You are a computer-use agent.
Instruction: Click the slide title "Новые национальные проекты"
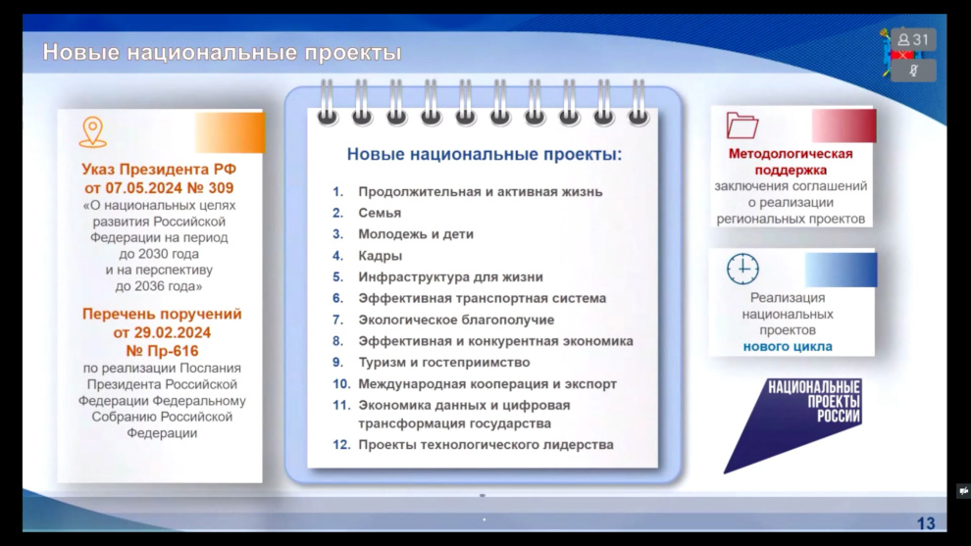[222, 52]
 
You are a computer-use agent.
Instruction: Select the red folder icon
[741, 125]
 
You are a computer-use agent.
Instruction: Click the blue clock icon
[742, 269]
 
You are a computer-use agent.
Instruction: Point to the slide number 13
[926, 523]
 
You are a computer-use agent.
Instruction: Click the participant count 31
[913, 39]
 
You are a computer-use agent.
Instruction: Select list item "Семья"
[380, 213]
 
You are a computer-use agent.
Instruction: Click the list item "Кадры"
[381, 256]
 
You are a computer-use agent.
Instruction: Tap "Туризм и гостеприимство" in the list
[444, 362]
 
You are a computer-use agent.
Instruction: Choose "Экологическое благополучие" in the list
[456, 320]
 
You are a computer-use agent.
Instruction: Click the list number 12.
[341, 444]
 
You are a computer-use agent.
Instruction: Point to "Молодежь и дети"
[416, 234]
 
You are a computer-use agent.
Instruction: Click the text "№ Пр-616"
[162, 351]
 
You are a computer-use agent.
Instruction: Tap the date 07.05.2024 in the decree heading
[143, 188]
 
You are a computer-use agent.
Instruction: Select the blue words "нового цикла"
[788, 347]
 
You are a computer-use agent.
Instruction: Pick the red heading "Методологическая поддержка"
[791, 162]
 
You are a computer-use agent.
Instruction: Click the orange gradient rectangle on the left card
[230, 132]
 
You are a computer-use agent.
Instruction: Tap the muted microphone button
[913, 71]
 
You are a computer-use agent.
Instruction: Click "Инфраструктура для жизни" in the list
[451, 277]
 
